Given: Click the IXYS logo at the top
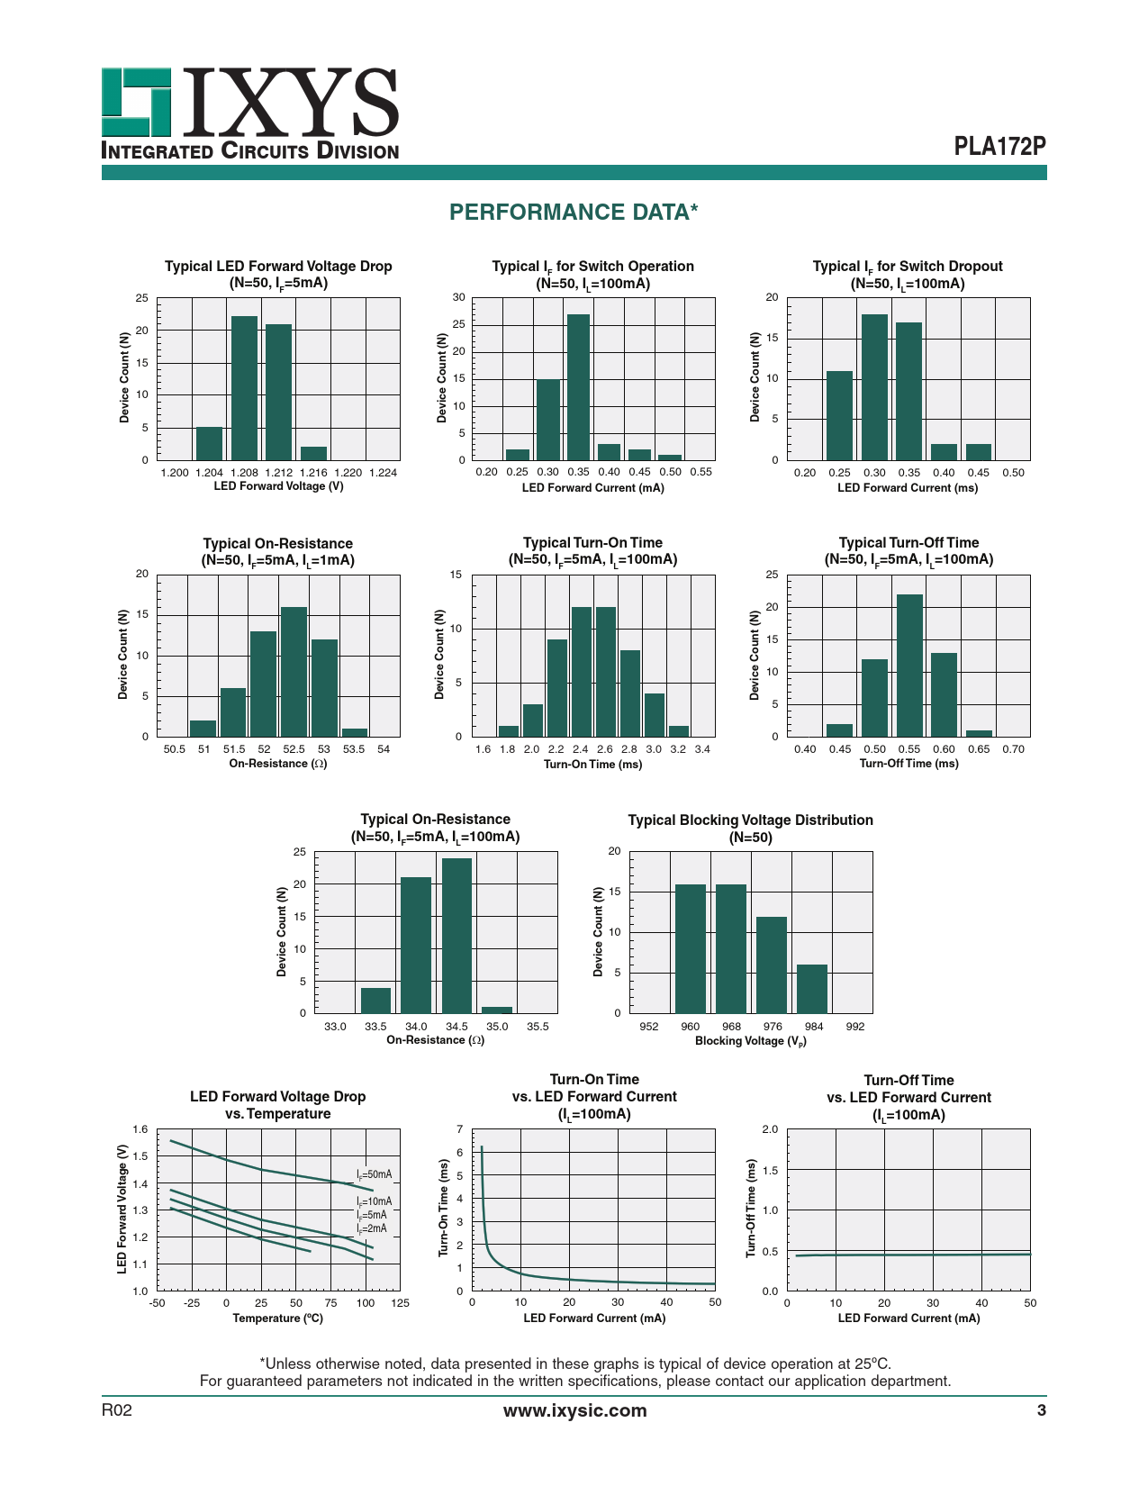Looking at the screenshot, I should tap(249, 113).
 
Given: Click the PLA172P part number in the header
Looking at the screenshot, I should tap(999, 146).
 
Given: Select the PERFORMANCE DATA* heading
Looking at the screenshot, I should tap(574, 212).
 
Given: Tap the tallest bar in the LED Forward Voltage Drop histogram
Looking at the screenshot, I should tap(244, 388).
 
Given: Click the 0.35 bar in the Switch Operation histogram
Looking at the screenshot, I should tap(578, 387).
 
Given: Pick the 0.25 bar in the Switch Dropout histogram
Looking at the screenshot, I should tap(839, 415).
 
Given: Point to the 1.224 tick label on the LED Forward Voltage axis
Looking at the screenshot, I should tap(383, 472).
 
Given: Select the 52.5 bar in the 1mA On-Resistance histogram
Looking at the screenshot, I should tap(294, 672).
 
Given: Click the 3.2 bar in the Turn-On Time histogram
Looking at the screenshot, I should tap(678, 731).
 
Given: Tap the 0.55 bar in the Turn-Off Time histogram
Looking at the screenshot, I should tap(909, 666).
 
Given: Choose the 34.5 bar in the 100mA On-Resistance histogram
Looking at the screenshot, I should tap(456, 936).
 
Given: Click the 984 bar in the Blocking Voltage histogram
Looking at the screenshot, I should tap(812, 989).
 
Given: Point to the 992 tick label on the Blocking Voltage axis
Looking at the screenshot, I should tap(854, 1026).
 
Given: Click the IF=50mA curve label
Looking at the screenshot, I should tap(374, 1174).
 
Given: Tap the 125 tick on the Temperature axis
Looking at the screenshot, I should tap(400, 1302).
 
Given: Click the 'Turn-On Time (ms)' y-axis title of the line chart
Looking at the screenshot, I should tap(444, 1208).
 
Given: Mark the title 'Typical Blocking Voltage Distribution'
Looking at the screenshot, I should tap(750, 820).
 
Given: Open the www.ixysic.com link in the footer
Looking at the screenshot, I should tap(574, 1410).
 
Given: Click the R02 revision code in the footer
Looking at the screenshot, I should tap(117, 1410).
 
